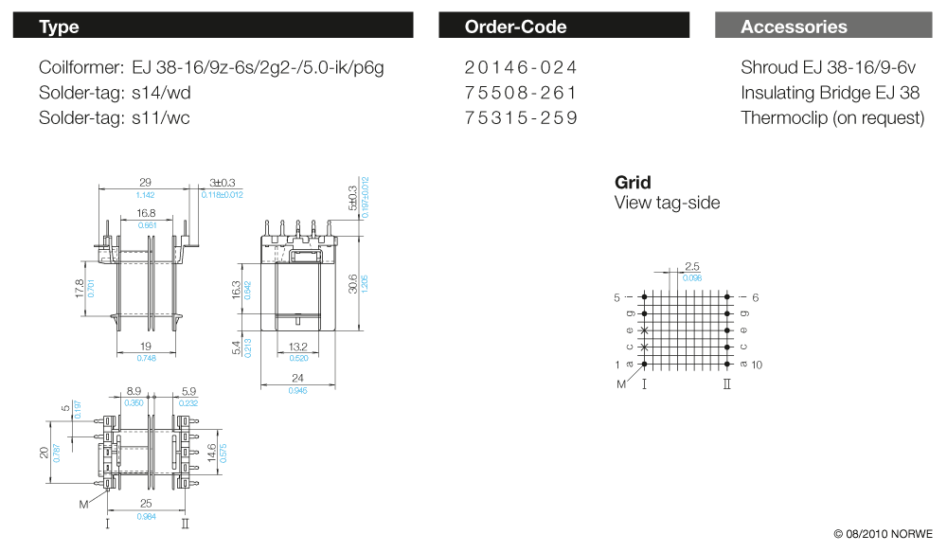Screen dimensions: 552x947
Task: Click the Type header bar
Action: pos(212,26)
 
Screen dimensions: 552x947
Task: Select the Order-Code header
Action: pos(564,26)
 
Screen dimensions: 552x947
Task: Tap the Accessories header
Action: pos(823,26)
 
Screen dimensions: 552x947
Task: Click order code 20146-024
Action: pos(521,68)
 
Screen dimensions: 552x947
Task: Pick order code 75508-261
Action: pos(521,93)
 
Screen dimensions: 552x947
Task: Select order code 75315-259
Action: pos(521,117)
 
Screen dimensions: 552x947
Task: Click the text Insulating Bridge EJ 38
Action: pos(830,93)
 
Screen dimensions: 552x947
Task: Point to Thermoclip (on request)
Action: pos(832,117)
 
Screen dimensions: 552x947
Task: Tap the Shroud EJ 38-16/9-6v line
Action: pos(828,68)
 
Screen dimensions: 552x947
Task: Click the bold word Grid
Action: pos(633,183)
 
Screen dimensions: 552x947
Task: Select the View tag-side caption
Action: pos(667,203)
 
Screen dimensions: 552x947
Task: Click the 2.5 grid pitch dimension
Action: pos(692,267)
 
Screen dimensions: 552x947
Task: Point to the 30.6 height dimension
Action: pos(352,283)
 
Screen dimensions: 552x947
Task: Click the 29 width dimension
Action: pos(145,183)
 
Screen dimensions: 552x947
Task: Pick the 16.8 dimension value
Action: pos(146,214)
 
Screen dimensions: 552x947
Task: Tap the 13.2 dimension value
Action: pos(298,347)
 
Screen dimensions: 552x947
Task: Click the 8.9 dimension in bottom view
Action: pos(134,391)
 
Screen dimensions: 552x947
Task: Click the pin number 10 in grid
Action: pos(757,365)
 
